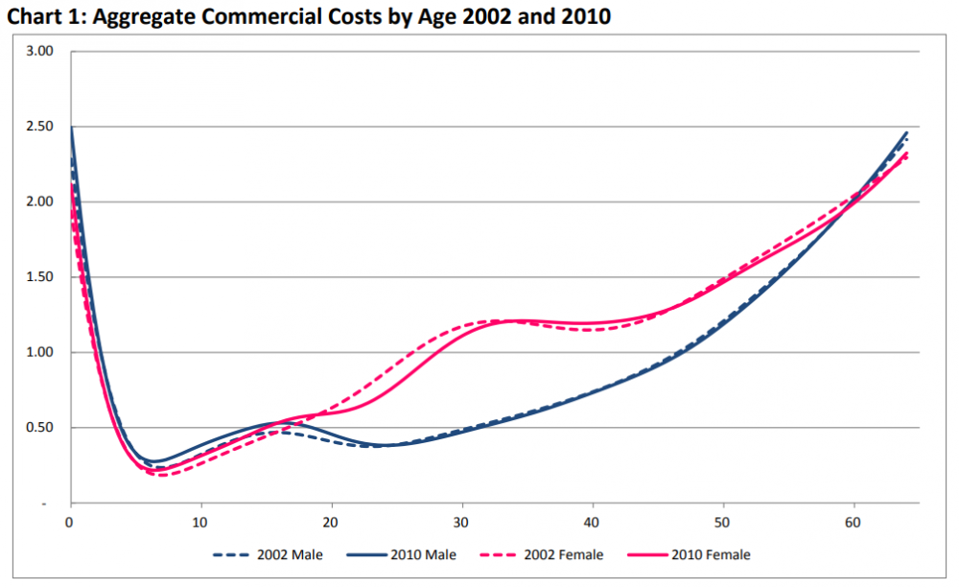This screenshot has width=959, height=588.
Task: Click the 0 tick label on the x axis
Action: [x=70, y=523]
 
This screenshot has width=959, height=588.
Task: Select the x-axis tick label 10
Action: [x=200, y=523]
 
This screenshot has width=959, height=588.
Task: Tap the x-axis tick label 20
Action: [x=332, y=523]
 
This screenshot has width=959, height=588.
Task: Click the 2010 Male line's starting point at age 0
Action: [x=71, y=128]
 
